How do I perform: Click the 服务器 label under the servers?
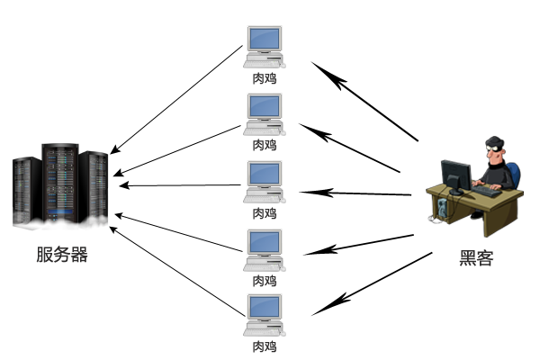point(62,255)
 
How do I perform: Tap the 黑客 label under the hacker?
point(476,258)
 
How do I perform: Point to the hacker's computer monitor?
point(455,175)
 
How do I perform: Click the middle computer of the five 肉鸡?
point(264,181)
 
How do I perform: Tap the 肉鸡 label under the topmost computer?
point(264,77)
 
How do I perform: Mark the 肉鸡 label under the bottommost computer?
point(264,346)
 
